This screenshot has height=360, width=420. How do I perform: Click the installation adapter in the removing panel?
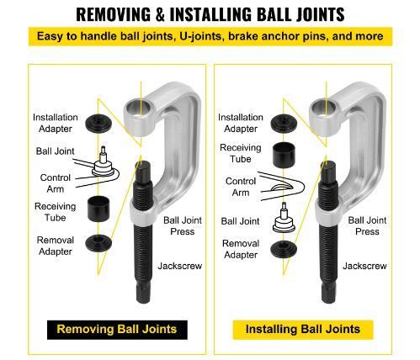pyautogui.click(x=98, y=124)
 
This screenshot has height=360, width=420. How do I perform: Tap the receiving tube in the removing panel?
pyautogui.click(x=98, y=209)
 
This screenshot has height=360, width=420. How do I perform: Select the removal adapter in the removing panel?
pyautogui.click(x=98, y=243)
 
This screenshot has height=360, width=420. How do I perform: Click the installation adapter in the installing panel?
pyautogui.click(x=284, y=124)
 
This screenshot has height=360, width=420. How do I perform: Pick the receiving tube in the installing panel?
pyautogui.click(x=284, y=155)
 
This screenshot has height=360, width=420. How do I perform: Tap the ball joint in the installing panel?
pyautogui.click(x=284, y=218)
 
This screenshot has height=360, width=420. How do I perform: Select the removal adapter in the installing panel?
pyautogui.click(x=284, y=250)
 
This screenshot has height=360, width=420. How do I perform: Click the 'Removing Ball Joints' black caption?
pyautogui.click(x=117, y=330)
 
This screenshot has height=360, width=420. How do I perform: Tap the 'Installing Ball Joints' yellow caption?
pyautogui.click(x=303, y=330)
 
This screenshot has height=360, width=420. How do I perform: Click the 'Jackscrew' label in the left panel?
pyautogui.click(x=180, y=266)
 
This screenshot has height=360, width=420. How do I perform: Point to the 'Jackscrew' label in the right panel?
pyautogui.click(x=364, y=266)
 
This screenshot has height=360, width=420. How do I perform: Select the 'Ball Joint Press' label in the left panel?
pyautogui.click(x=183, y=226)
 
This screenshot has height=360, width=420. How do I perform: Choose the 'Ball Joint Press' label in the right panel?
pyautogui.click(x=367, y=226)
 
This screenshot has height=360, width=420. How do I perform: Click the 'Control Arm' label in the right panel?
pyautogui.click(x=241, y=187)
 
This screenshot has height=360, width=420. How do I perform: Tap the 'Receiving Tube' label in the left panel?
pyautogui.click(x=56, y=212)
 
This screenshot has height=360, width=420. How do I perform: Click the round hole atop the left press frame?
pyautogui.click(x=140, y=108)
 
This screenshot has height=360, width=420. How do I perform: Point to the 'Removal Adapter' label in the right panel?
pyautogui.click(x=241, y=249)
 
